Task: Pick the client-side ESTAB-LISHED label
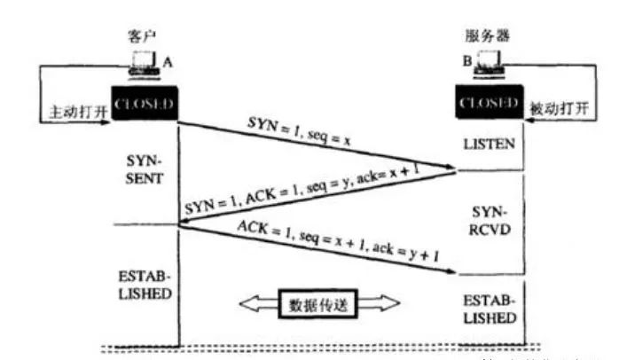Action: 144,282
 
